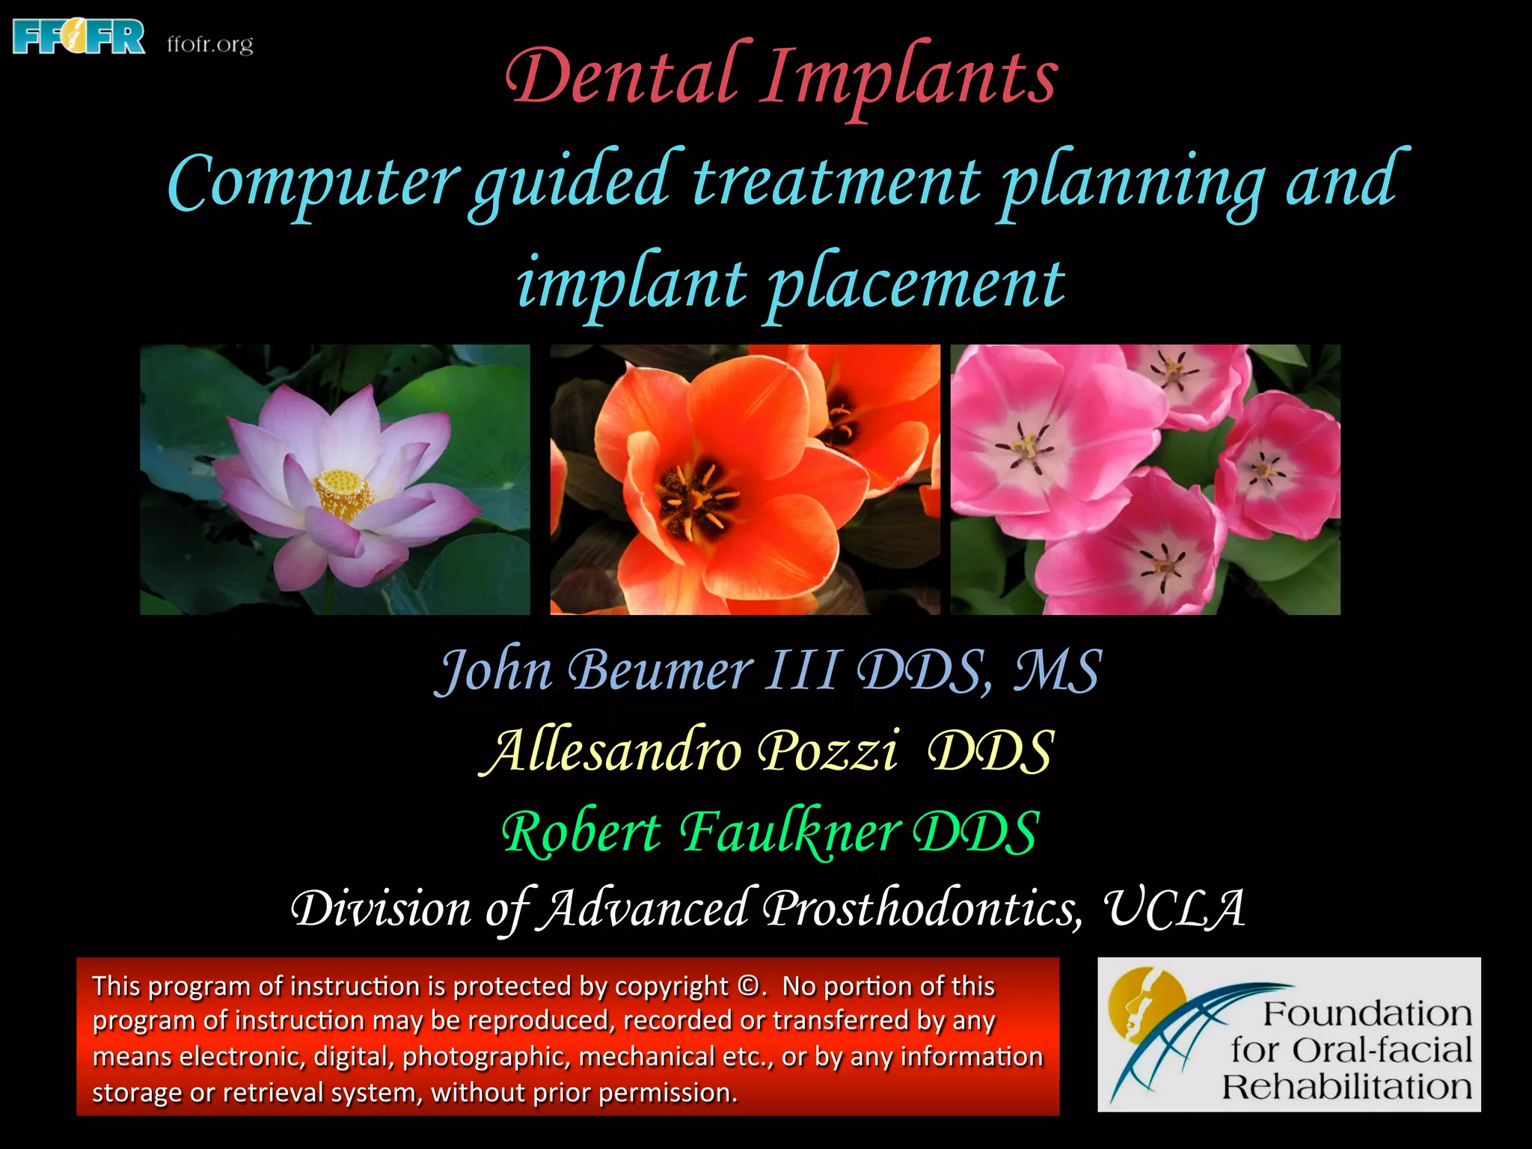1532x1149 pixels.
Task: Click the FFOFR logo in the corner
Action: (x=79, y=37)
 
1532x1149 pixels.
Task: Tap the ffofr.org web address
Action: (x=210, y=44)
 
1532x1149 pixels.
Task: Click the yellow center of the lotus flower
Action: (x=344, y=493)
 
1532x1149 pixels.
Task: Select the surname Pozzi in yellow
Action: (x=827, y=751)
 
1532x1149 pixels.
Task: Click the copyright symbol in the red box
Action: (x=747, y=986)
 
